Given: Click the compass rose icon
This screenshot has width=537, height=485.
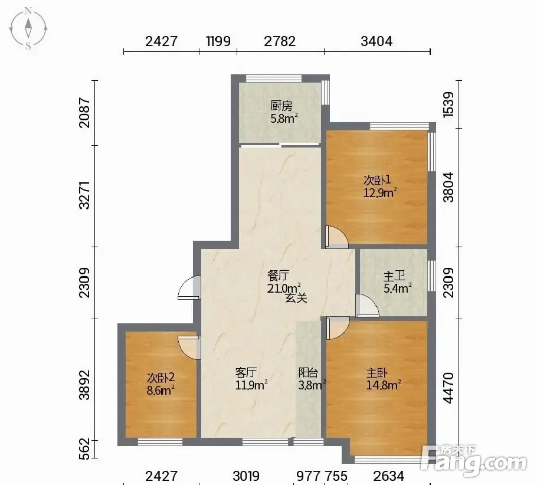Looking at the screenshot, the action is [x=28, y=29].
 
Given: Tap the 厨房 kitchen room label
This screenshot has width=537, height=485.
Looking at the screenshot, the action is [x=281, y=106].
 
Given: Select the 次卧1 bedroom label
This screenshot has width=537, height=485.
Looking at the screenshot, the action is [x=377, y=180].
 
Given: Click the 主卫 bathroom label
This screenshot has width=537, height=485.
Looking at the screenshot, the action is [x=394, y=276].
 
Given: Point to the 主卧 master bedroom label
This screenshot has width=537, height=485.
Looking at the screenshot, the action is [x=377, y=373].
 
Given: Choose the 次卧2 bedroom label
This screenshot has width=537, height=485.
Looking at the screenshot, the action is [x=161, y=378].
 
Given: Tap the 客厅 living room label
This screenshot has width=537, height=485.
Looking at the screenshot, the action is [x=246, y=372].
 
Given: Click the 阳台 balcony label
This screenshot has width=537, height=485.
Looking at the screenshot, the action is [x=309, y=372].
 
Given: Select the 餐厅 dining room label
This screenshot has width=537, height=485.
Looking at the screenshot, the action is [x=278, y=275].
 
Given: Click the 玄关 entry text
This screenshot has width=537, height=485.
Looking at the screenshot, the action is [x=297, y=298].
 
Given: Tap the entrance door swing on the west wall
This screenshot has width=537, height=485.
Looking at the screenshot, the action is [x=189, y=288].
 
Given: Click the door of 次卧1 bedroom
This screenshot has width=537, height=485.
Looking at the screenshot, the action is [x=336, y=237].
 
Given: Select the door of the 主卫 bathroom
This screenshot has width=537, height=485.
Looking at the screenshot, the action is [x=367, y=305].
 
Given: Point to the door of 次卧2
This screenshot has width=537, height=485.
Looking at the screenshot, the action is [x=189, y=348].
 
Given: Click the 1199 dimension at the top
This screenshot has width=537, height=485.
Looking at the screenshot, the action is [x=218, y=41].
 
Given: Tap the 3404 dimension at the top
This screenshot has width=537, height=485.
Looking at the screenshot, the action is [x=376, y=41].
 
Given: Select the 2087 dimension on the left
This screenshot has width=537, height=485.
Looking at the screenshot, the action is [x=84, y=113].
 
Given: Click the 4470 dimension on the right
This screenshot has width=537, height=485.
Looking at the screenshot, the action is [x=448, y=388].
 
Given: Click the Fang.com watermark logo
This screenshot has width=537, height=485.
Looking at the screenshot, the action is [x=474, y=461].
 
